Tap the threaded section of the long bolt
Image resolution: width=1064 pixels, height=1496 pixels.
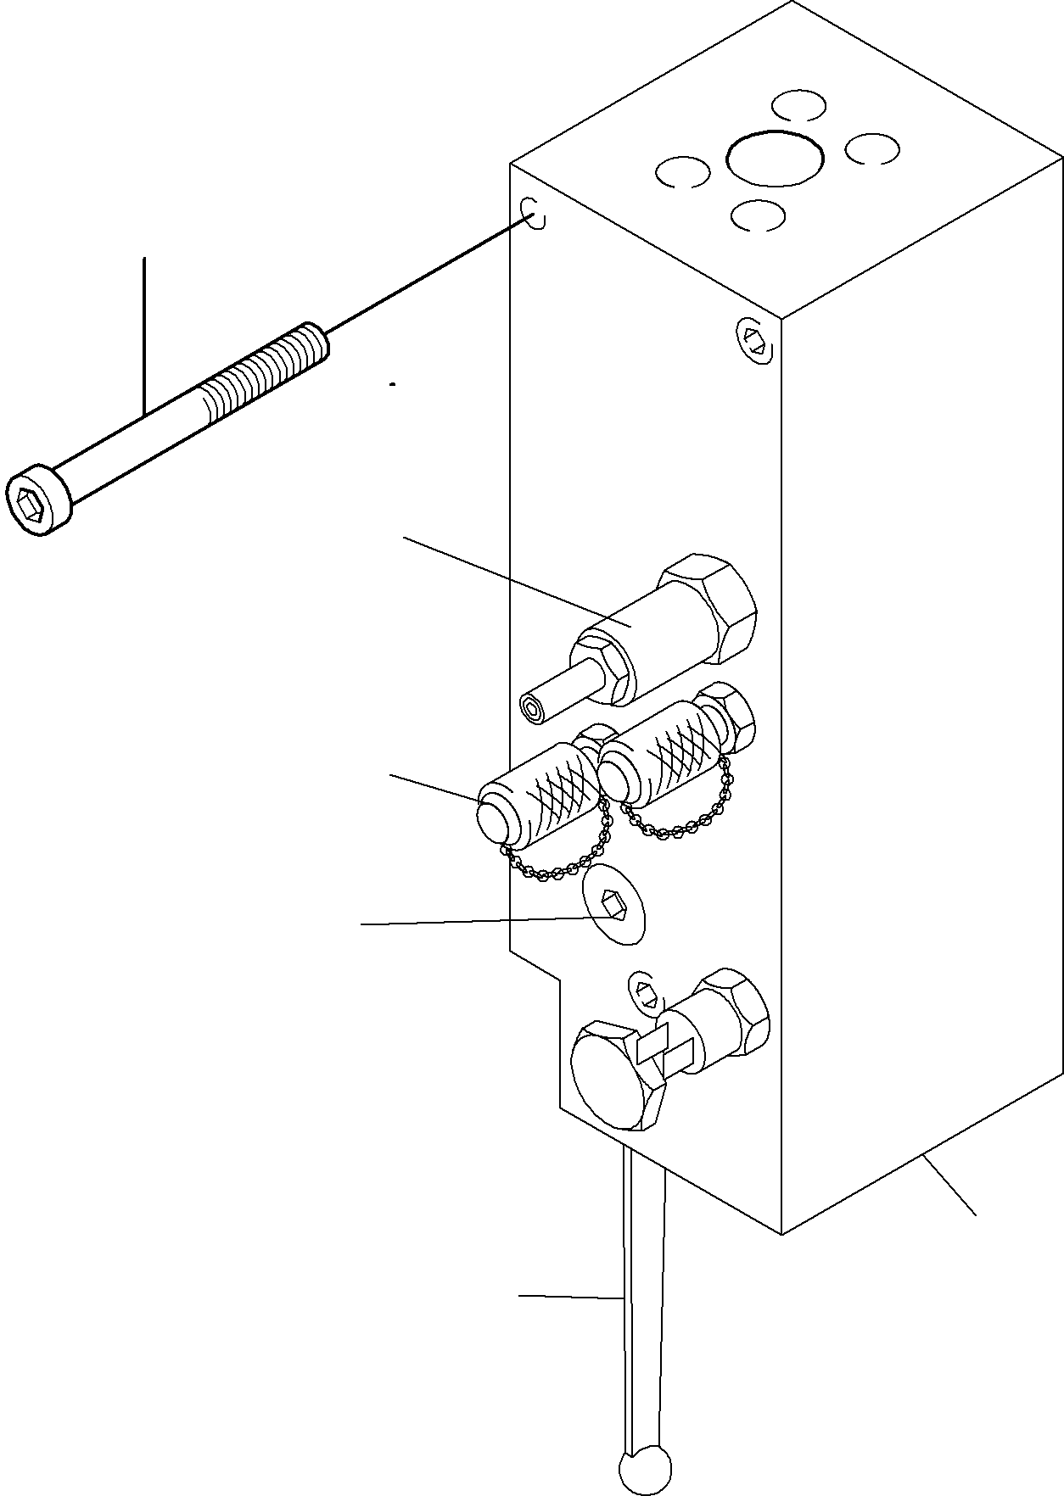coord(264,372)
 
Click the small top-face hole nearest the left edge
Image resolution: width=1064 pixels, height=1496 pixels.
coord(682,172)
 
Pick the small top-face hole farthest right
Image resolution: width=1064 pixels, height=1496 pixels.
coord(872,148)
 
